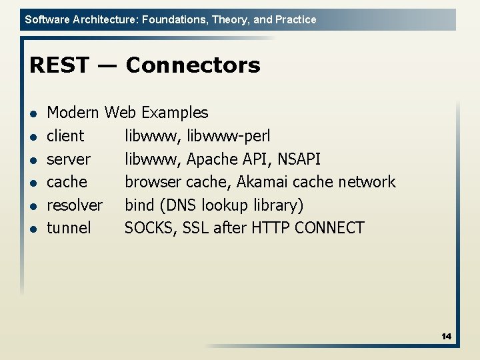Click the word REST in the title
point(59,65)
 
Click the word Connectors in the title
point(193,65)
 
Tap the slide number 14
point(446,337)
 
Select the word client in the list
point(65,136)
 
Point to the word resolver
point(75,205)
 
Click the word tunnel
point(69,228)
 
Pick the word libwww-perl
point(229,136)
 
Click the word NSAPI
point(298,159)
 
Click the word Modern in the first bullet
point(73,113)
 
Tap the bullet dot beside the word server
point(33,160)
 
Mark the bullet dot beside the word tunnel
point(33,229)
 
